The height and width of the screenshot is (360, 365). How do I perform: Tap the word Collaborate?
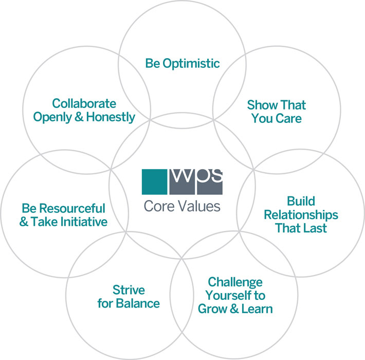84,104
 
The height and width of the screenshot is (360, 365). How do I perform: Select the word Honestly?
111,118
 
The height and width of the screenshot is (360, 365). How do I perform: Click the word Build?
301,201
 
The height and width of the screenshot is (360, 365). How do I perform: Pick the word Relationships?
301,214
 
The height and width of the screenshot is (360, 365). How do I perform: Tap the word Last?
315,228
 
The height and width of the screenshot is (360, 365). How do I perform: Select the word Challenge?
235,282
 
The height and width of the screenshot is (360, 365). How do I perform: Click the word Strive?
129,290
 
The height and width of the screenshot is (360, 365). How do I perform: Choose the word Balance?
137,303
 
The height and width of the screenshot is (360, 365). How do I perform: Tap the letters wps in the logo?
196,177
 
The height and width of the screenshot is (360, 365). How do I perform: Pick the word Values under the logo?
197,207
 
